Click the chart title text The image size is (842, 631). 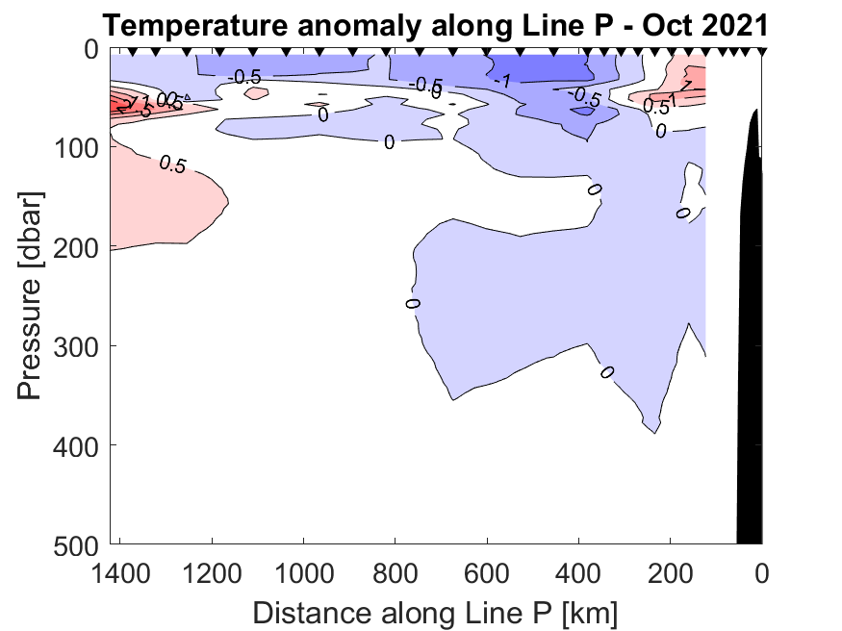coord(435,22)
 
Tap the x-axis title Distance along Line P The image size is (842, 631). coord(435,610)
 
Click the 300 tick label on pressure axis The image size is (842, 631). coord(77,345)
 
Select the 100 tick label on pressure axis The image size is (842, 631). coord(77,147)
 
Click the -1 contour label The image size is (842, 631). coord(500,82)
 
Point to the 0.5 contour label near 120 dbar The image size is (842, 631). coord(171,164)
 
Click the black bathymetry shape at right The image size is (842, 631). coord(750,366)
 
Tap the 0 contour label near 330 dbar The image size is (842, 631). coord(607,372)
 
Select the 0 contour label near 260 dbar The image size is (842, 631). coord(413,304)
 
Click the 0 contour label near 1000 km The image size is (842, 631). coord(323,115)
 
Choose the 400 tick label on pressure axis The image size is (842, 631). coord(77,444)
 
